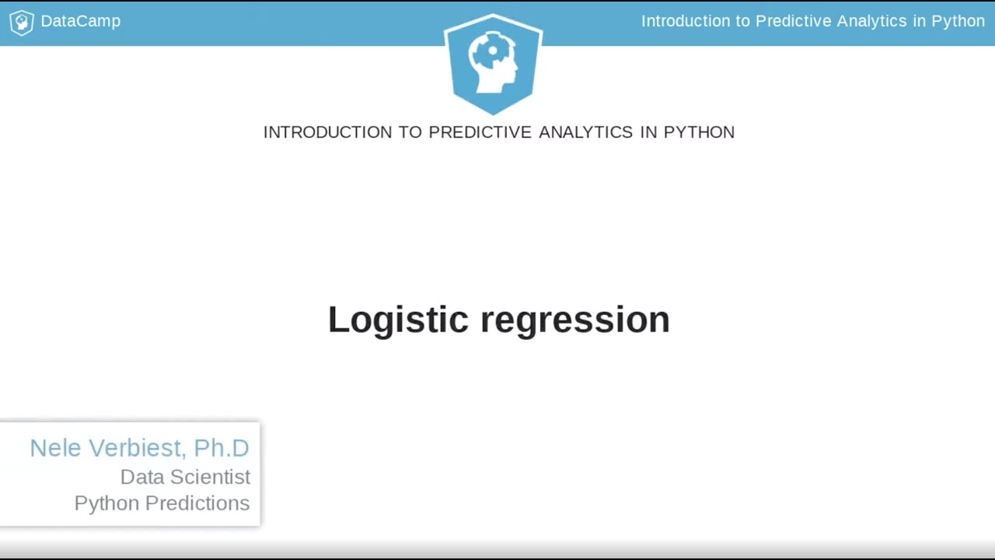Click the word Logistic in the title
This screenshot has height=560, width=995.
pyautogui.click(x=398, y=320)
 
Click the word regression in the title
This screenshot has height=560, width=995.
pyautogui.click(x=575, y=320)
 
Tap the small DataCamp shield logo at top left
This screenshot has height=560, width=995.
pyautogui.click(x=21, y=22)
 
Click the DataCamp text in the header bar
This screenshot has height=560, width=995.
pyautogui.click(x=80, y=21)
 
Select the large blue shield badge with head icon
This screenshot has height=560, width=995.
pyautogui.click(x=493, y=62)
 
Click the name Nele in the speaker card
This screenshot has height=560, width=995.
pyautogui.click(x=56, y=448)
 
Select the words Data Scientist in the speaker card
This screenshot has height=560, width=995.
pyautogui.click(x=185, y=477)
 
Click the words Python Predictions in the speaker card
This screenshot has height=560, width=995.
pyautogui.click(x=162, y=503)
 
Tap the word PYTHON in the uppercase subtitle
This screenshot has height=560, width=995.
pyautogui.click(x=699, y=132)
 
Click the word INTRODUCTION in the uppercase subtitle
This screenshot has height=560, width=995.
pyautogui.click(x=327, y=132)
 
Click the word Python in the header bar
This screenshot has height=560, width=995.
pyautogui.click(x=958, y=21)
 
